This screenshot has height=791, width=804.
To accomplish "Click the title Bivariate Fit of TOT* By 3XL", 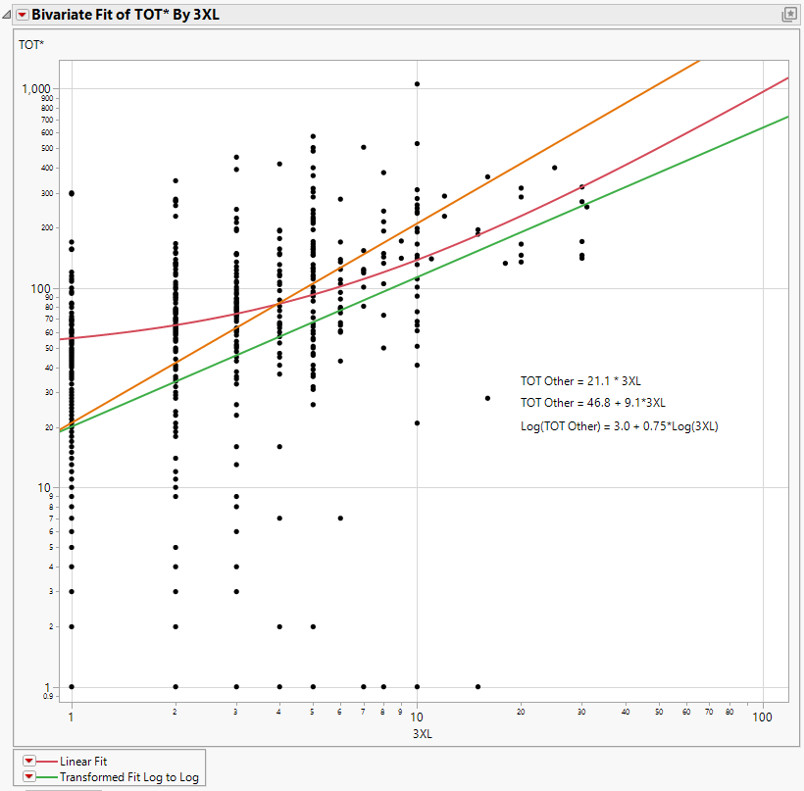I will click(124, 15).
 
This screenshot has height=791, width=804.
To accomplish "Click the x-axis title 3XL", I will click(421, 733).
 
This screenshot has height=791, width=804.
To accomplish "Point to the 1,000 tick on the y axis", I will click(36, 89).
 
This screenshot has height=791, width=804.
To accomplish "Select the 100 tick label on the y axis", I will click(44, 288).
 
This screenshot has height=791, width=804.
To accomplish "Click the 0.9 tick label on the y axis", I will click(49, 696).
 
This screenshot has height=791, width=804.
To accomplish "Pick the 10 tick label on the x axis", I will click(417, 717).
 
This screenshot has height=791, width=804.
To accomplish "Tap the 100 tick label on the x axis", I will click(762, 717).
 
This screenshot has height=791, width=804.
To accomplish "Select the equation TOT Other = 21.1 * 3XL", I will click(579, 380).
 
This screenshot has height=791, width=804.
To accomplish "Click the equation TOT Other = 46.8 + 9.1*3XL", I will click(593, 402).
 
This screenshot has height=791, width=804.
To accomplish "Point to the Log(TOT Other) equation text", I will click(619, 426).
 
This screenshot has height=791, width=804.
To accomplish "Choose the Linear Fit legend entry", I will click(83, 761).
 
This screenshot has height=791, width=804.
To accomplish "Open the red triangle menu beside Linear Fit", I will click(28, 761).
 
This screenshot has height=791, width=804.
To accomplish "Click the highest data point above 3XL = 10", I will click(417, 84).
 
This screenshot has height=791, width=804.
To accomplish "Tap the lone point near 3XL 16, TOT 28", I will click(487, 398).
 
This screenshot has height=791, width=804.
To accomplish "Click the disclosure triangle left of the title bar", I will click(7, 15).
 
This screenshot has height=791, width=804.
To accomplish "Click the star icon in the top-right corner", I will click(787, 15).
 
